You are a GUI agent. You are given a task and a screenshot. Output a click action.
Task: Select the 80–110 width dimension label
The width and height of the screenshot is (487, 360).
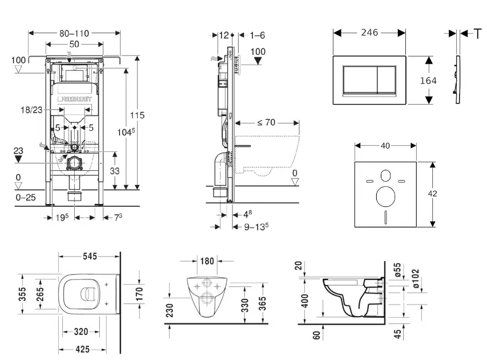click(74, 33)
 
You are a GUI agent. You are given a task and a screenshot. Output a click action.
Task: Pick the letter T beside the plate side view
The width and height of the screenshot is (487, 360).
click(478, 34)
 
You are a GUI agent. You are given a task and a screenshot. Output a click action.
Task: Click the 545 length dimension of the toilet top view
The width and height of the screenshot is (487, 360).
click(88, 257)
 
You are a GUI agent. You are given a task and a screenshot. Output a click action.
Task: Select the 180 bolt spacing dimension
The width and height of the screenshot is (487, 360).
click(207, 261)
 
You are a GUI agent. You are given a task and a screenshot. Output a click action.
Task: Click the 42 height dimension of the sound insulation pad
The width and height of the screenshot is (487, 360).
click(432, 194)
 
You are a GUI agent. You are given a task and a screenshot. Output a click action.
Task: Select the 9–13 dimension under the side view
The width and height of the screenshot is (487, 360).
click(255, 227)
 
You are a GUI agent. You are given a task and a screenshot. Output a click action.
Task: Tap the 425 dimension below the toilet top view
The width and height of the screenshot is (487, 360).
click(83, 349)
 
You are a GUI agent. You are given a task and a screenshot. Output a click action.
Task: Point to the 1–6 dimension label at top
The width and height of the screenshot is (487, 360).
click(257, 35)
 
